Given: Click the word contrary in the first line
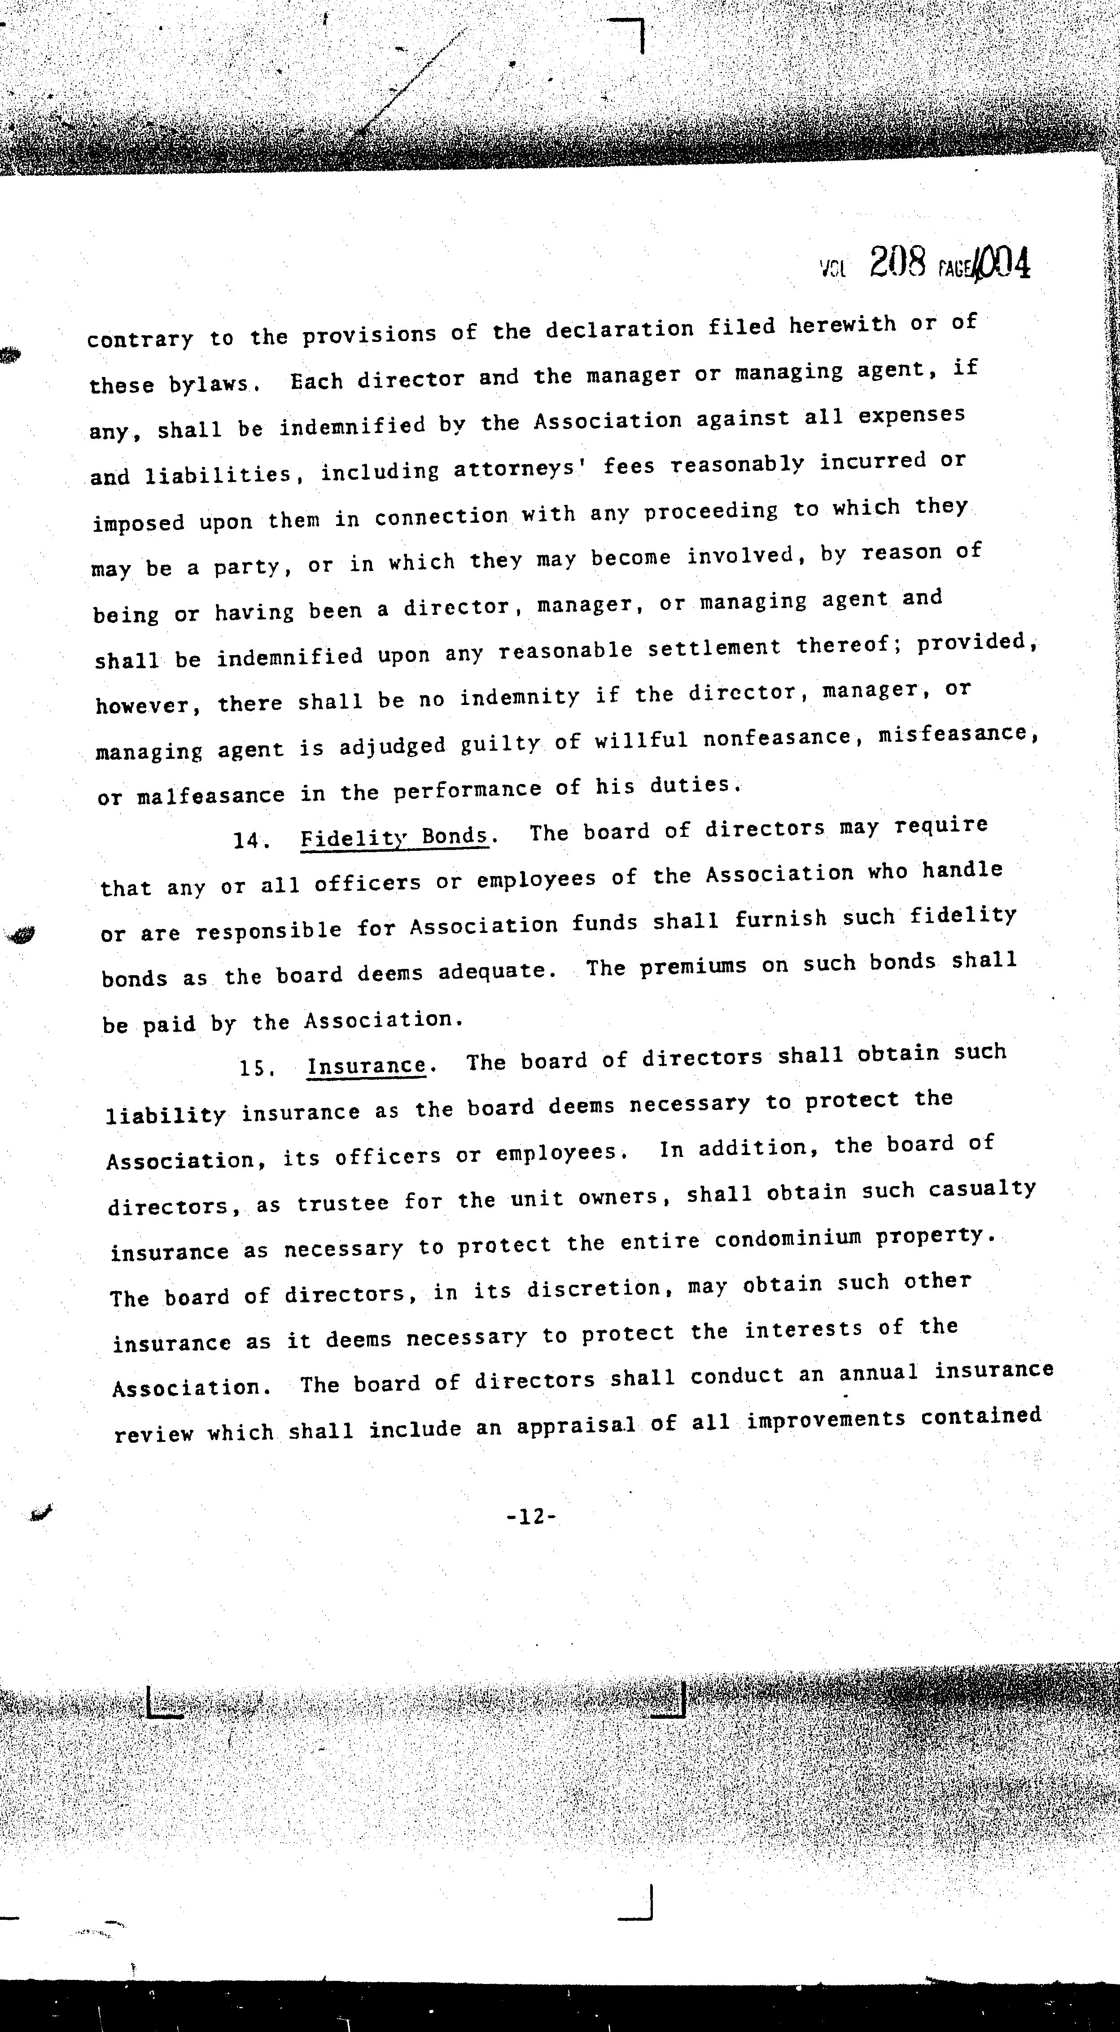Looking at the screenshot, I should click(140, 340).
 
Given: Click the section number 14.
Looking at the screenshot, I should click(251, 841).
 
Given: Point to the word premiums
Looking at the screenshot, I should click(692, 966).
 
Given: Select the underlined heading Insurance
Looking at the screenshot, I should click(367, 1066).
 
